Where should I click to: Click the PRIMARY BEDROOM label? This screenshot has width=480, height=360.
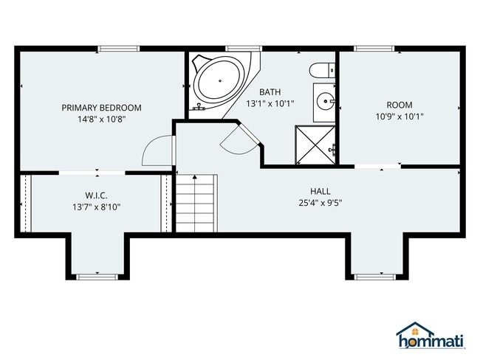tap(102, 108)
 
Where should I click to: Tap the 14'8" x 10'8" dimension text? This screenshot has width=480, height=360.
tap(102, 119)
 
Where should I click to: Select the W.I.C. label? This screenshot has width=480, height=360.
tap(96, 195)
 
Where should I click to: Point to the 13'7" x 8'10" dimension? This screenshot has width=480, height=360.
tap(97, 207)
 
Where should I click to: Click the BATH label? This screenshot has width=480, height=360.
tap(270, 91)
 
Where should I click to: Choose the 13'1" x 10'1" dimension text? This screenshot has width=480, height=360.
tap(270, 104)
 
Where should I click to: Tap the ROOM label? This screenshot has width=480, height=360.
tap(400, 105)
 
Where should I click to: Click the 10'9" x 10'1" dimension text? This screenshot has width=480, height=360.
tap(400, 117)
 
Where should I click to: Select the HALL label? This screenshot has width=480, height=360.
tap(320, 191)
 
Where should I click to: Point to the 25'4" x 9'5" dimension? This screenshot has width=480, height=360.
tap(320, 203)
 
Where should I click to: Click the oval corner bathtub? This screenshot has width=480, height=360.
tap(220, 81)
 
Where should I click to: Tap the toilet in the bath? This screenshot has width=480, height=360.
tap(322, 70)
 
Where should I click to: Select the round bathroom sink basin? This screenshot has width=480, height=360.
tap(326, 100)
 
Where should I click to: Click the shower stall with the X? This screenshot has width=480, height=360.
tap(315, 145)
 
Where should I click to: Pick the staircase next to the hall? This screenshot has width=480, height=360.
tap(196, 203)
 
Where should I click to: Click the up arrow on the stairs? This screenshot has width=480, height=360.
tap(195, 203)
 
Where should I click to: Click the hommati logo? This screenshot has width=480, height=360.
tap(431, 335)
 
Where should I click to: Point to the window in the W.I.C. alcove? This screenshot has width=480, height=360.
tap(97, 277)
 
